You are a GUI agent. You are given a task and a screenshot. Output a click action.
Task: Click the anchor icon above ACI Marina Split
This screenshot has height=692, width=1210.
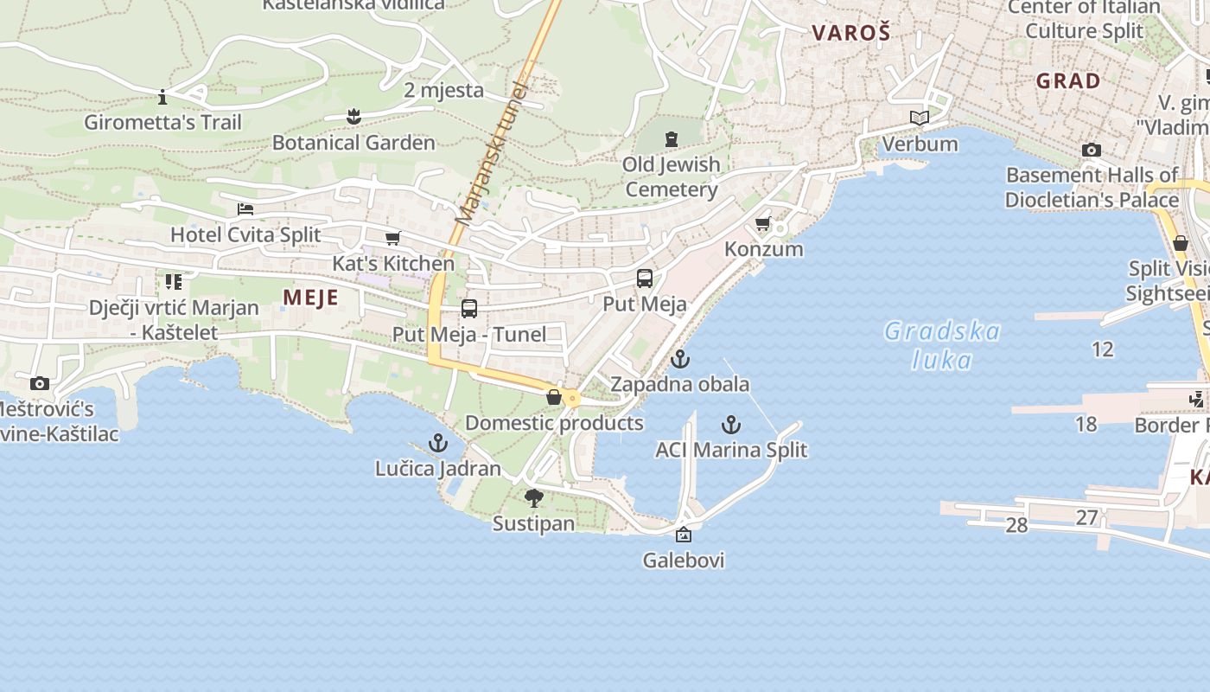[x=731, y=425]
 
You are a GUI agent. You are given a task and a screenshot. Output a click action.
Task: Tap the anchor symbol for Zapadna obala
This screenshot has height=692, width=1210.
[x=681, y=358]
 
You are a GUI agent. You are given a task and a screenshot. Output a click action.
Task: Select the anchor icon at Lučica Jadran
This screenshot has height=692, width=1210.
[x=438, y=444]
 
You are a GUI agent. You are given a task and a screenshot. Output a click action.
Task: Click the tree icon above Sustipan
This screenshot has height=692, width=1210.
[x=534, y=498]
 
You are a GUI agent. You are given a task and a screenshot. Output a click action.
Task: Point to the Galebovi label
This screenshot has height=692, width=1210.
[x=684, y=560]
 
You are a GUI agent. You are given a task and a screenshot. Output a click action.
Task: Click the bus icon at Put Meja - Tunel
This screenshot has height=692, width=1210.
[x=469, y=309]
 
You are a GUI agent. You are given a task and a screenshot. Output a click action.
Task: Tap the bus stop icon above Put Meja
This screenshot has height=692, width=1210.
[x=645, y=279]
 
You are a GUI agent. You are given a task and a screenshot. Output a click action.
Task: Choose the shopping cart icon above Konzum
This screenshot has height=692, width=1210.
[x=763, y=225]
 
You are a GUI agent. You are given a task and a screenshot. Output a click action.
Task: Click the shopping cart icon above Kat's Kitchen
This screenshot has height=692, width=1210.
[x=393, y=238]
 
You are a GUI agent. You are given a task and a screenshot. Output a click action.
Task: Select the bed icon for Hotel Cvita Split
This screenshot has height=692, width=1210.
[x=245, y=209]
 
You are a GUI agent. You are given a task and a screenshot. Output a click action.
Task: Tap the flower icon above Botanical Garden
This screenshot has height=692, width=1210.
[x=353, y=116]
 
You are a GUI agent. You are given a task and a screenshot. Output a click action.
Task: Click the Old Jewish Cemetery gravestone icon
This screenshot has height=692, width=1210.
[x=672, y=139]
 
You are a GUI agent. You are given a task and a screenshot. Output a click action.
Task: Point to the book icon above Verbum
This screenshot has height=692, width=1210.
[x=920, y=119]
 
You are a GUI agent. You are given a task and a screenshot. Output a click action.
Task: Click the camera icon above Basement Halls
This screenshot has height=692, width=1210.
[x=1091, y=151]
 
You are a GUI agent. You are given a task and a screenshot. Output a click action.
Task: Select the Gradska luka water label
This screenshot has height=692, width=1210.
[x=942, y=345]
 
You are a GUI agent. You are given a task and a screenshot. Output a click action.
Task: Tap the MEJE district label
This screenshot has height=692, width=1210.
[x=310, y=298]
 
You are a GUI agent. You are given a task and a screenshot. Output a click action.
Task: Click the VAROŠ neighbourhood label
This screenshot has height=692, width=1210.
[x=850, y=34]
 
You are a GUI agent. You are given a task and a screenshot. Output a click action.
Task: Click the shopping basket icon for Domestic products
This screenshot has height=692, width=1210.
[x=554, y=398]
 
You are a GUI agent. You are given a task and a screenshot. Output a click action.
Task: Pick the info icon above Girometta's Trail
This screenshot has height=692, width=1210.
[x=162, y=97]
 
